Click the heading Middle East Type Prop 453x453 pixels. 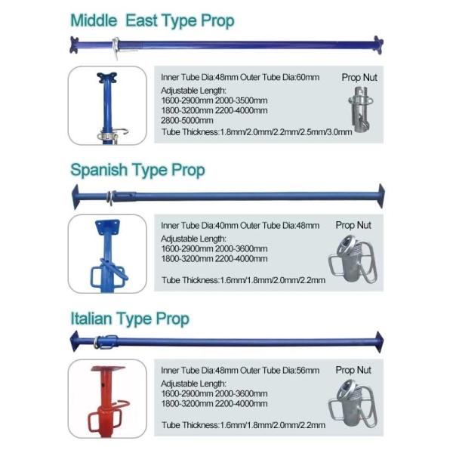(x=153, y=21)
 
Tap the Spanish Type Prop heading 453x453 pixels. (x=137, y=170)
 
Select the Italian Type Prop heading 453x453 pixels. (x=130, y=319)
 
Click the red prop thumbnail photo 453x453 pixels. (x=107, y=399)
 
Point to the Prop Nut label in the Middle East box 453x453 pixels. (x=359, y=78)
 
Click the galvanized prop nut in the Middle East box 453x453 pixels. (x=360, y=109)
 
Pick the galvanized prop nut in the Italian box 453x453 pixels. (x=353, y=404)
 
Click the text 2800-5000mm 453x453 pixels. (x=187, y=121)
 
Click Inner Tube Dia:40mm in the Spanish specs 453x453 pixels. (x=199, y=226)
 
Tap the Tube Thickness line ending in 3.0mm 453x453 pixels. (x=257, y=132)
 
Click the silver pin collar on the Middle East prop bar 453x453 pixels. (x=116, y=47)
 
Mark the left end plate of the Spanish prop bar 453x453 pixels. (x=75, y=196)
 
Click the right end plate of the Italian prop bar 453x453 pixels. (x=379, y=342)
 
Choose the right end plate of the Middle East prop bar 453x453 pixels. (x=378, y=45)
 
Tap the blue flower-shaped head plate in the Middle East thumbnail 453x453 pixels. (x=107, y=78)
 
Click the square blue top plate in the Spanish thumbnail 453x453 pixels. (x=107, y=227)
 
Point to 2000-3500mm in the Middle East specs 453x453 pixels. (x=242, y=101)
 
